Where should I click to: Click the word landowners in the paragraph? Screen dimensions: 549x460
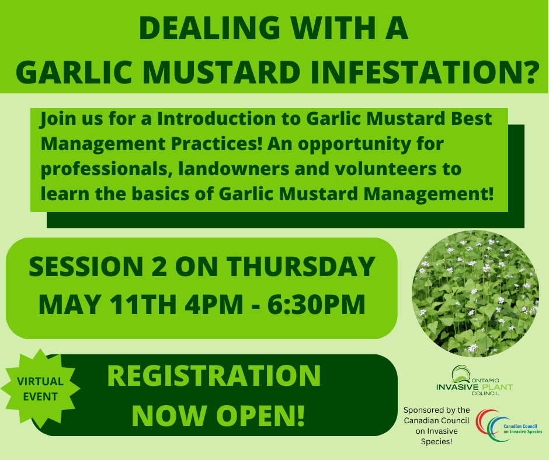(234, 169)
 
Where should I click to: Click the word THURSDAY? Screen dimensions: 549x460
(301, 267)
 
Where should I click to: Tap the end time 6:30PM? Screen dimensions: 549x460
(317, 305)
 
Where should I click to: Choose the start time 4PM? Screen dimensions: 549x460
(214, 305)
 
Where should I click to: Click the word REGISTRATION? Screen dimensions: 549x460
(214, 376)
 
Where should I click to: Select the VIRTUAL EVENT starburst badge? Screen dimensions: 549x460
(40, 389)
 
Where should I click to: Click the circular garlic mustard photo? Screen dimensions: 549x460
(475, 294)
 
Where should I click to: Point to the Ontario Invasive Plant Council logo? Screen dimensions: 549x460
(474, 381)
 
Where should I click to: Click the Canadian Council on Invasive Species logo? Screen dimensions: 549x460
(509, 426)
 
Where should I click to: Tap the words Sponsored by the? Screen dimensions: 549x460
(437, 410)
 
